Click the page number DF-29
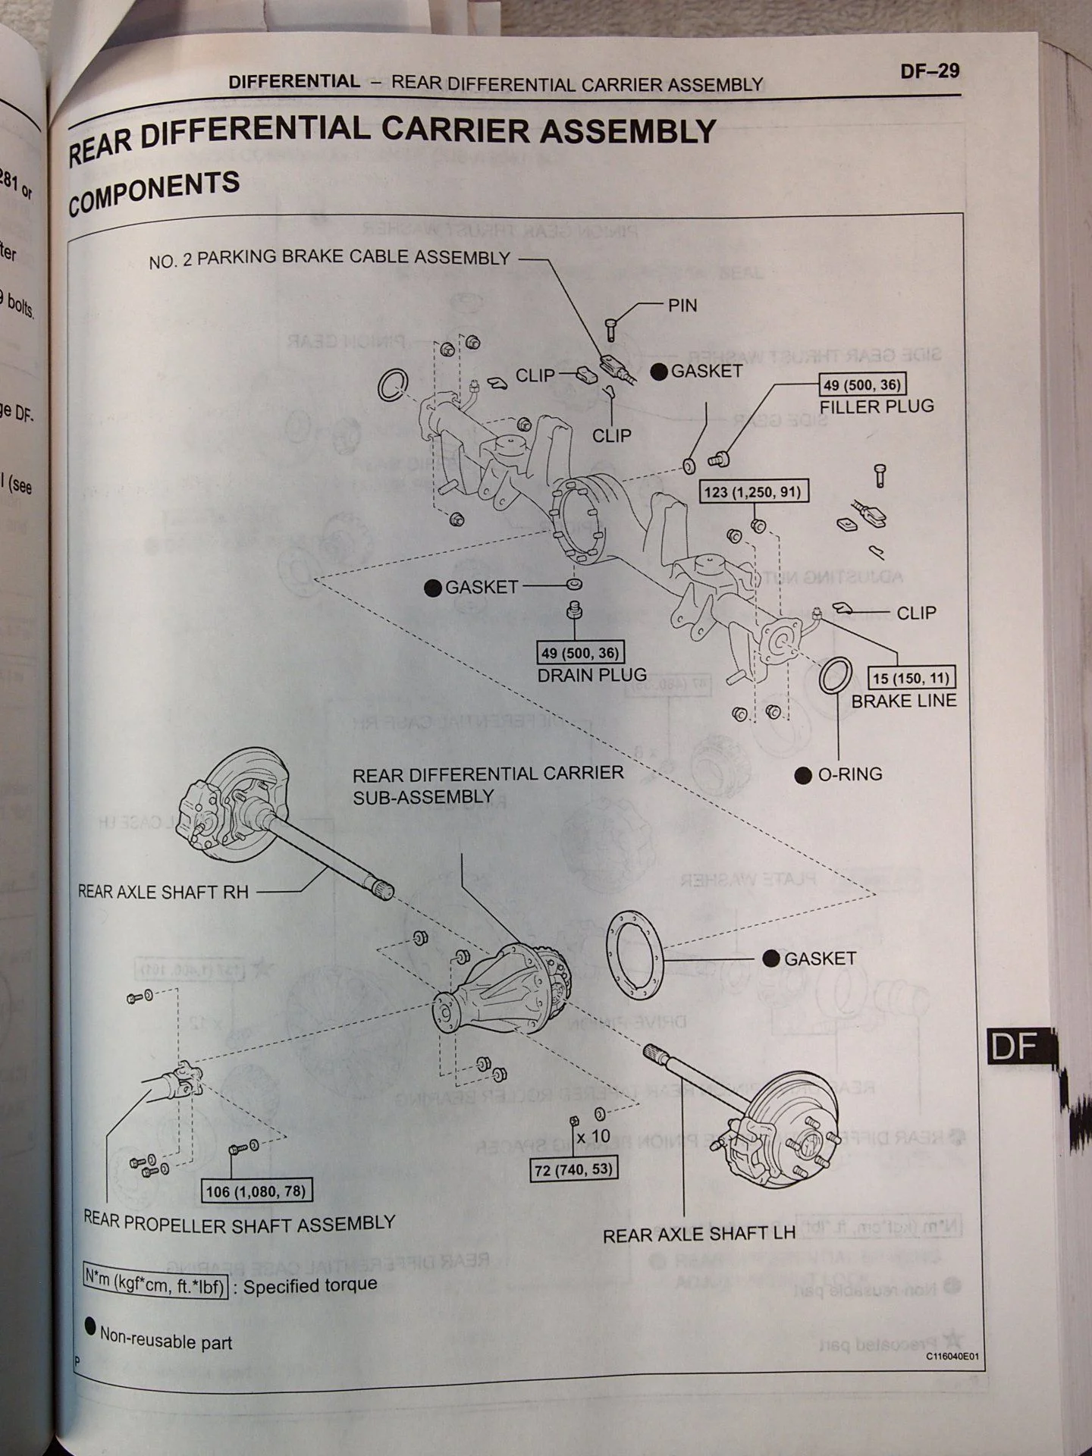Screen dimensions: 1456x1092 [930, 71]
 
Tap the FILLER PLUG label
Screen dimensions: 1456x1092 [876, 406]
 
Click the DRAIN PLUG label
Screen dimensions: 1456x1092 [591, 674]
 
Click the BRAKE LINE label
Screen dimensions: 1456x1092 [903, 701]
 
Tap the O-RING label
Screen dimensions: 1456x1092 [849, 774]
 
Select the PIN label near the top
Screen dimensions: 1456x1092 [682, 306]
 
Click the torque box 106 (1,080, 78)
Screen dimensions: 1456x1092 [256, 1191]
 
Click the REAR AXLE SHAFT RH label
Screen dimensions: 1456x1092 [163, 892]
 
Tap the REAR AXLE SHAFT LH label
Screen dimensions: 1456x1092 [698, 1235]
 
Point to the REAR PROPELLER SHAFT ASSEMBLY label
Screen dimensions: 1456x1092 [239, 1223]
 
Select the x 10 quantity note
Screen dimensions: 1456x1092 [592, 1136]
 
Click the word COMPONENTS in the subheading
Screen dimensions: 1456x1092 [154, 191]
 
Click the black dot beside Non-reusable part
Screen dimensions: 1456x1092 [90, 1326]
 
